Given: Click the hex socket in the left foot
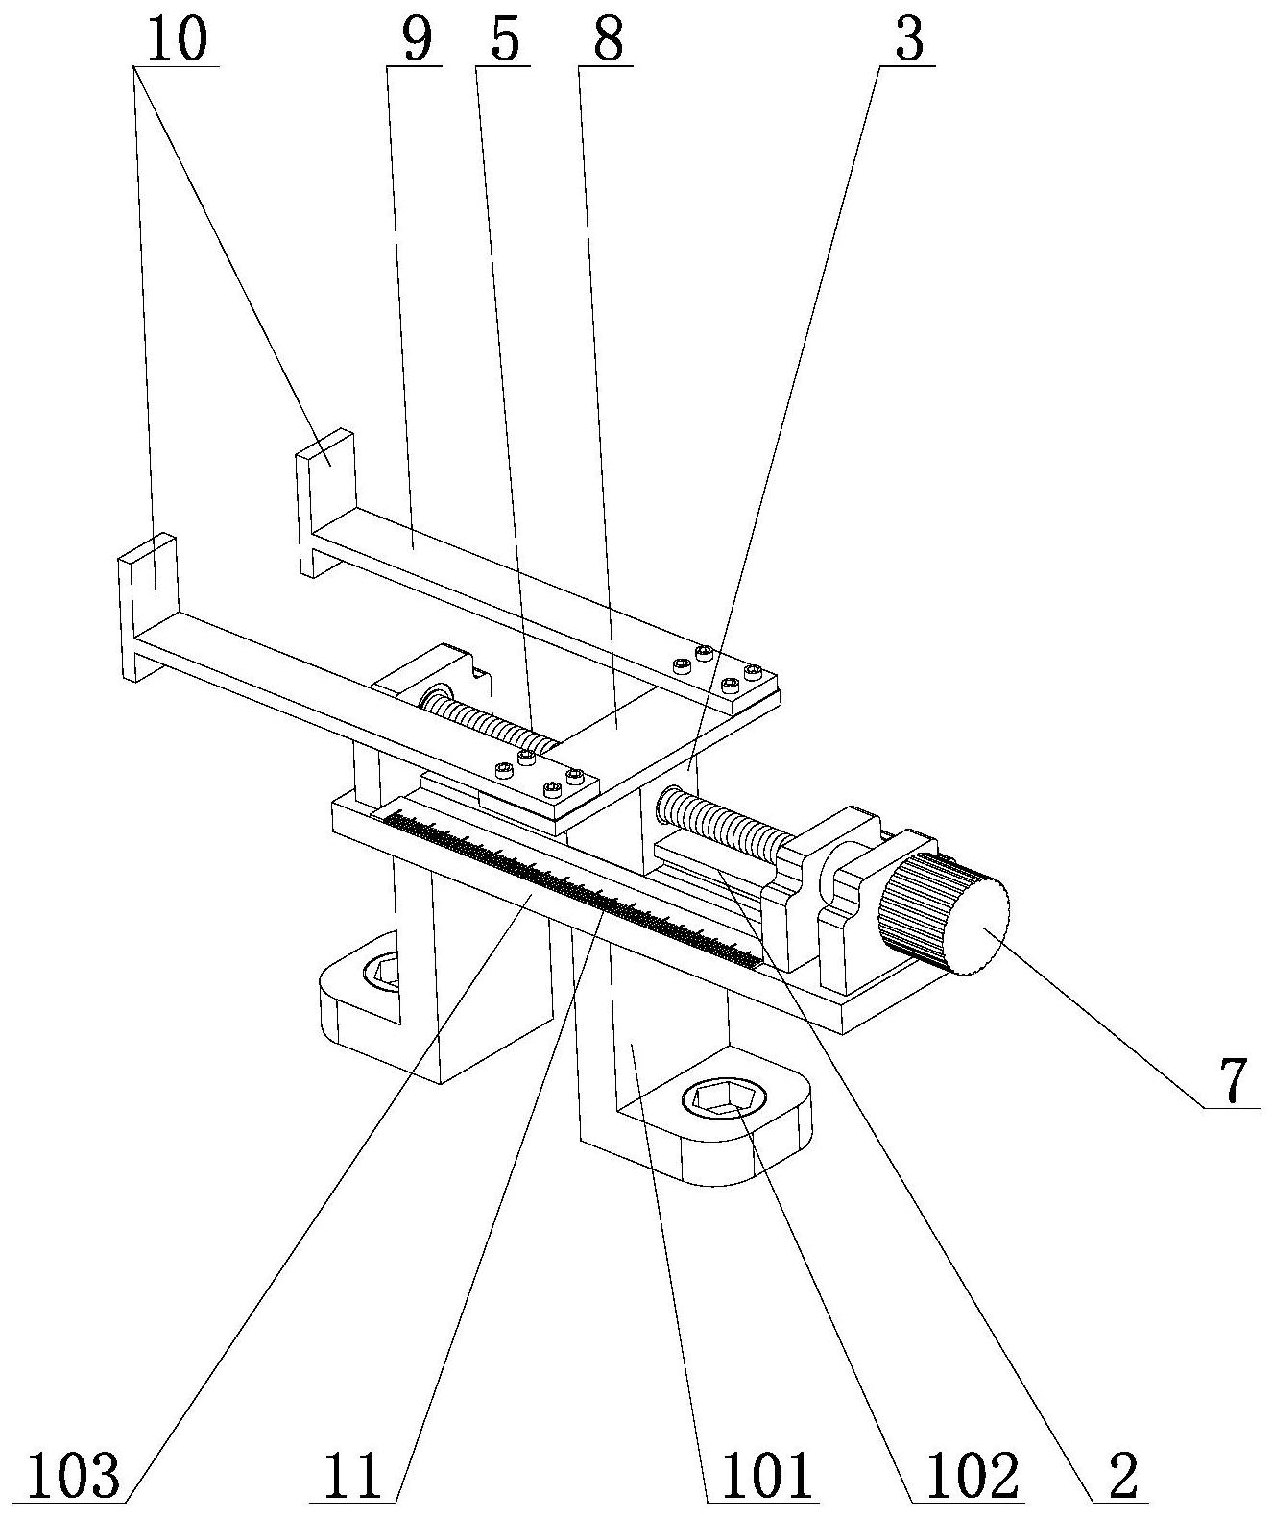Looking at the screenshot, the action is pyautogui.click(x=381, y=973).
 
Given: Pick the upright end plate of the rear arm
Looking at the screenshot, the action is pyautogui.click(x=325, y=501).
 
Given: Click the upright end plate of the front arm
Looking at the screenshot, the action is pyautogui.click(x=148, y=607).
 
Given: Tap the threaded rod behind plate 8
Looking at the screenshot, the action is pyautogui.click(x=489, y=721).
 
